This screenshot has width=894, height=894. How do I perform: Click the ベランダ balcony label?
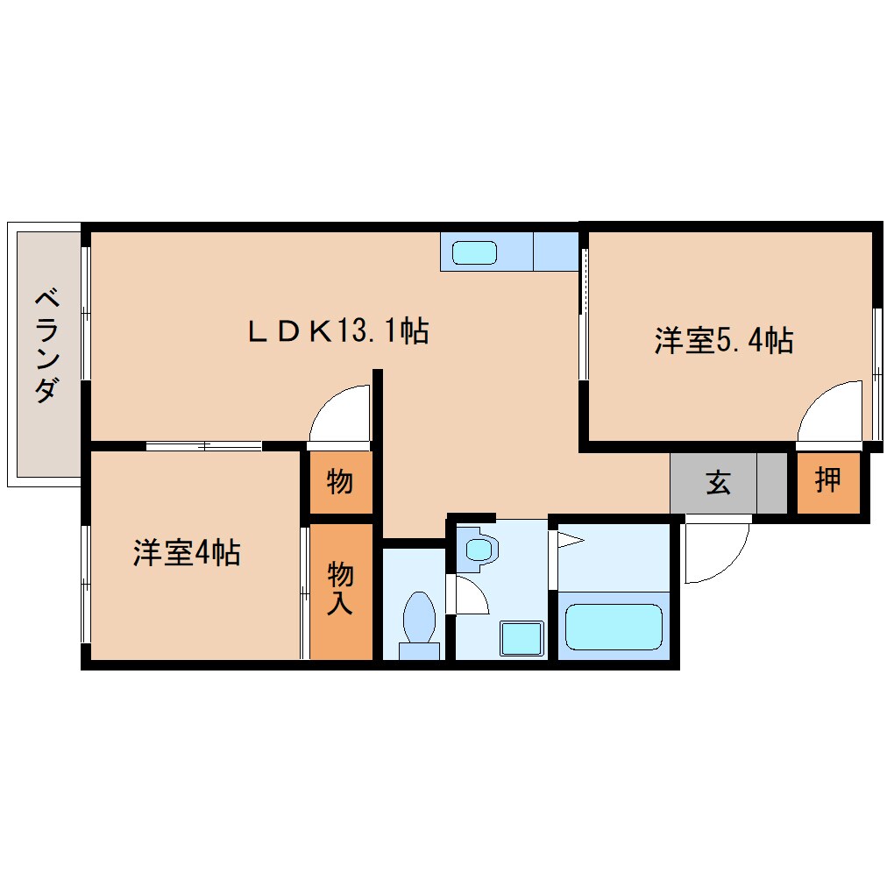pyautogui.click(x=46, y=347)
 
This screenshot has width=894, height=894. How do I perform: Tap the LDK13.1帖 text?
pyautogui.click(x=337, y=331)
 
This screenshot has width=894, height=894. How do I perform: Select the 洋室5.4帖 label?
pyautogui.click(x=723, y=341)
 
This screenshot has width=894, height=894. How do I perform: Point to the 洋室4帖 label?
pyautogui.click(x=187, y=553)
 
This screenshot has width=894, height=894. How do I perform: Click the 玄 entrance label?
pyautogui.click(x=718, y=482)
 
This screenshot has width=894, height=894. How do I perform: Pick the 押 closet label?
pyautogui.click(x=827, y=480)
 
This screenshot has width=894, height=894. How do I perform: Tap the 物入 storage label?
pyautogui.click(x=341, y=589)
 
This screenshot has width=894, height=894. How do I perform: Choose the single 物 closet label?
pyautogui.click(x=340, y=481)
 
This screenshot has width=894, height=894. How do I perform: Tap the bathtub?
pyautogui.click(x=614, y=626)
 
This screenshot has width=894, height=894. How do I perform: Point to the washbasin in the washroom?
pyautogui.click(x=479, y=550)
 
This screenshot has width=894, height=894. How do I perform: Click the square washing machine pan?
pyautogui.click(x=521, y=637)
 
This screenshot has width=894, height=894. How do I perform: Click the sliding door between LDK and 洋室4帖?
pyautogui.click(x=203, y=446)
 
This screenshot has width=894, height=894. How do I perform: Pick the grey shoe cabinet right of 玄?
pyautogui.click(x=772, y=482)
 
